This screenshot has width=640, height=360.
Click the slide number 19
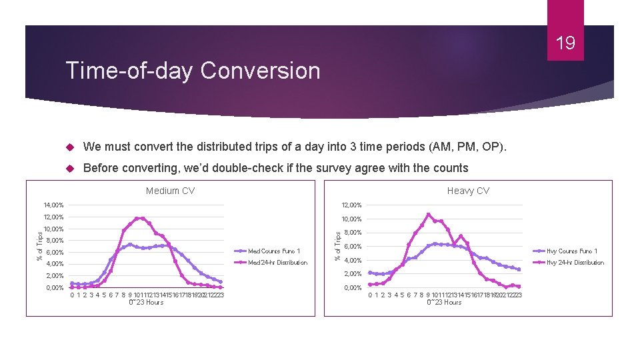[565, 44]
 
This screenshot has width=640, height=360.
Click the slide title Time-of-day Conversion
[192, 71]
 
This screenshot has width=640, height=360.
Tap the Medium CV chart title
[170, 191]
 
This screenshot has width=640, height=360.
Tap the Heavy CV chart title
[468, 191]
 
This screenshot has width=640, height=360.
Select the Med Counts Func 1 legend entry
[274, 251]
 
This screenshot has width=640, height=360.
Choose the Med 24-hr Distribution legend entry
[277, 262]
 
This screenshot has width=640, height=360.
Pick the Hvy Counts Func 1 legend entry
[571, 251]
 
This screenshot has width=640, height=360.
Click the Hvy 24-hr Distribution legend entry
[575, 262]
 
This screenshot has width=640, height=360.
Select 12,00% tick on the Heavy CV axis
[351, 205]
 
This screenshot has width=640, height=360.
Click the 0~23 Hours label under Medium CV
[145, 303]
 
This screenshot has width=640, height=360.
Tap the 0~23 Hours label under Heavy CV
[444, 303]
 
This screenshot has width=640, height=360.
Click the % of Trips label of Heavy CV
[338, 245]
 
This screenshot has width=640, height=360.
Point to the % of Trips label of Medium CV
[39, 245]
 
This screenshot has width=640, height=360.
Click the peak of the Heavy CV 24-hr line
[428, 215]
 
